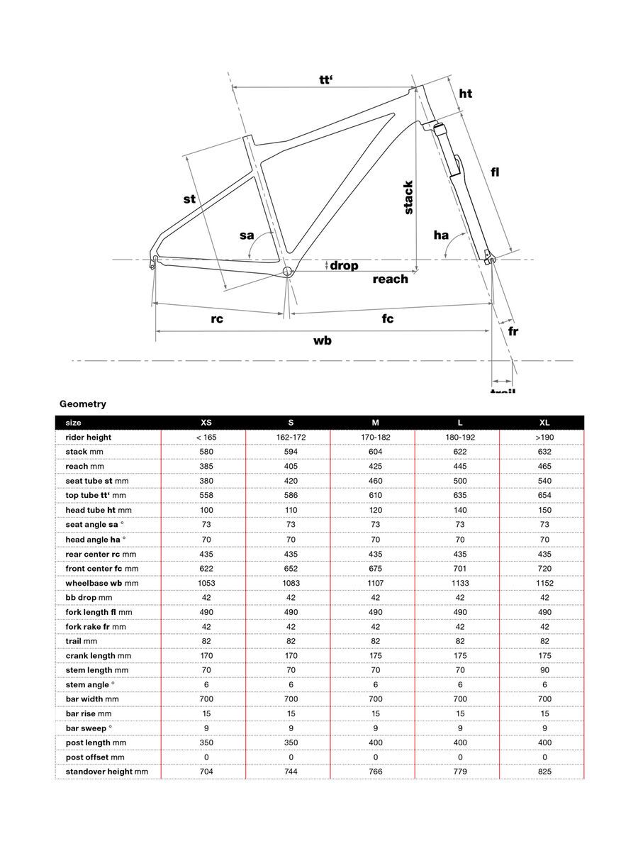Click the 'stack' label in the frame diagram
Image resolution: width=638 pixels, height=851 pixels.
pyautogui.click(x=408, y=197)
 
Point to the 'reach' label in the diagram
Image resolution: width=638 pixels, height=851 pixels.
pyautogui.click(x=391, y=279)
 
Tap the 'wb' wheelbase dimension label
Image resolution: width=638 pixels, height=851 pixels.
pyautogui.click(x=323, y=340)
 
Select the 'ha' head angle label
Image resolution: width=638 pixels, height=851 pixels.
pyautogui.click(x=441, y=235)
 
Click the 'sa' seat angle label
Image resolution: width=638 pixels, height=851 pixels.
pyautogui.click(x=246, y=235)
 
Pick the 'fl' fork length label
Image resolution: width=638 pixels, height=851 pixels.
pyautogui.click(x=495, y=172)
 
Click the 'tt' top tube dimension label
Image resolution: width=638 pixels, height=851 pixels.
pyautogui.click(x=326, y=79)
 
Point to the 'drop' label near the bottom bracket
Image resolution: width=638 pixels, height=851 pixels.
pyautogui.click(x=344, y=266)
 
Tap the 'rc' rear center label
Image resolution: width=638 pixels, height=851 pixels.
pyautogui.click(x=217, y=319)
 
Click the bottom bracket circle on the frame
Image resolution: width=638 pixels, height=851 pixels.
pyautogui.click(x=287, y=272)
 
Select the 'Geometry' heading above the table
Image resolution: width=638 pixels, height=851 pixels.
pyautogui.click(x=82, y=404)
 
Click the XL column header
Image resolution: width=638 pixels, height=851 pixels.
pyautogui.click(x=545, y=423)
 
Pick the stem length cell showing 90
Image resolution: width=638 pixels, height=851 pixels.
pyautogui.click(x=545, y=670)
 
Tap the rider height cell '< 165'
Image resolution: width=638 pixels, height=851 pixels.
pyautogui.click(x=206, y=438)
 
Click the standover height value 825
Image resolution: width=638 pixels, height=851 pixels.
pyautogui.click(x=545, y=772)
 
